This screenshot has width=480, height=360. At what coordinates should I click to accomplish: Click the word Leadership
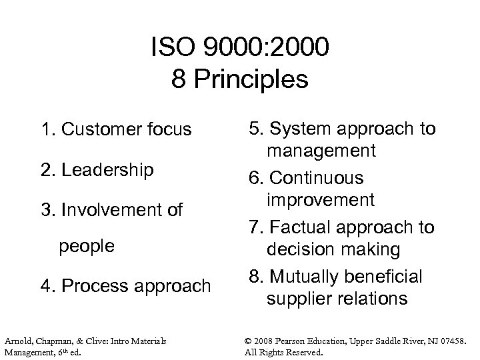pos(107,170)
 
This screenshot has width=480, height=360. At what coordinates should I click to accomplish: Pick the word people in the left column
pos(87,246)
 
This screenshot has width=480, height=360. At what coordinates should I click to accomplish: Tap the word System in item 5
pos(300,129)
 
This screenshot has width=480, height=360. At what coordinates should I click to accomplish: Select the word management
pos(321,151)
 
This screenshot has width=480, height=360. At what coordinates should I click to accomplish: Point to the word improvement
pos(320,200)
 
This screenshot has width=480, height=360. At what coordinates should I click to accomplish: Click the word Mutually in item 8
pos(303,276)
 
